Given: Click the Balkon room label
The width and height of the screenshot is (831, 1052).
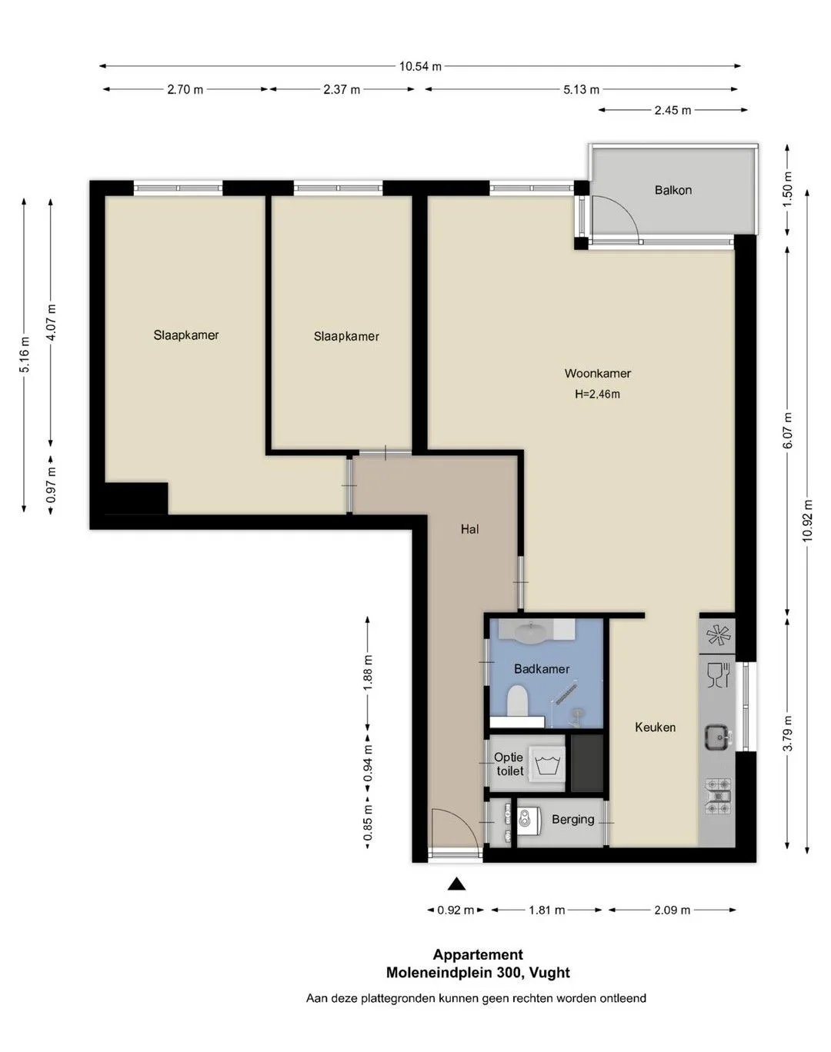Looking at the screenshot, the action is pyautogui.click(x=673, y=190).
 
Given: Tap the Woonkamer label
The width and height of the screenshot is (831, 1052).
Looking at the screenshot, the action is pyautogui.click(x=597, y=374).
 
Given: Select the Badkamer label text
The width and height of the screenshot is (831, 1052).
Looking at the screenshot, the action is pyautogui.click(x=542, y=669).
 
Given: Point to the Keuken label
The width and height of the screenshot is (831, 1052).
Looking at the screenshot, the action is pyautogui.click(x=655, y=727).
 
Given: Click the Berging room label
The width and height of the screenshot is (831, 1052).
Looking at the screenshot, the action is pyautogui.click(x=572, y=819).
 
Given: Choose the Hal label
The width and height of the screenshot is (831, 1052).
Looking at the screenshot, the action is pyautogui.click(x=469, y=529).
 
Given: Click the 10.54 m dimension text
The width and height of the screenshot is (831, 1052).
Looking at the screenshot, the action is pyautogui.click(x=420, y=66).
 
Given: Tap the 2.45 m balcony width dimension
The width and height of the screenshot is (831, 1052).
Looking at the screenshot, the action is pyautogui.click(x=672, y=111).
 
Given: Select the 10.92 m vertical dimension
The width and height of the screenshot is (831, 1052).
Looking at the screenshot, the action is pyautogui.click(x=807, y=520).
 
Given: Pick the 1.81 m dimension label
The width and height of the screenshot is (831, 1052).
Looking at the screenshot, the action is pyautogui.click(x=546, y=910).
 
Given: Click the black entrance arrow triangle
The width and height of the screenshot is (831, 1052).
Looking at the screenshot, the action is pyautogui.click(x=456, y=884).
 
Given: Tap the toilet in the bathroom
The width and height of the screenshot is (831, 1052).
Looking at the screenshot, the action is pyautogui.click(x=516, y=701).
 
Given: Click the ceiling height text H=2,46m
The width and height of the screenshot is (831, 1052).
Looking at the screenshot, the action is pyautogui.click(x=597, y=394).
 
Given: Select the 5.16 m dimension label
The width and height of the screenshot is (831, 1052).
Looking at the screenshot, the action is pyautogui.click(x=25, y=355).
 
